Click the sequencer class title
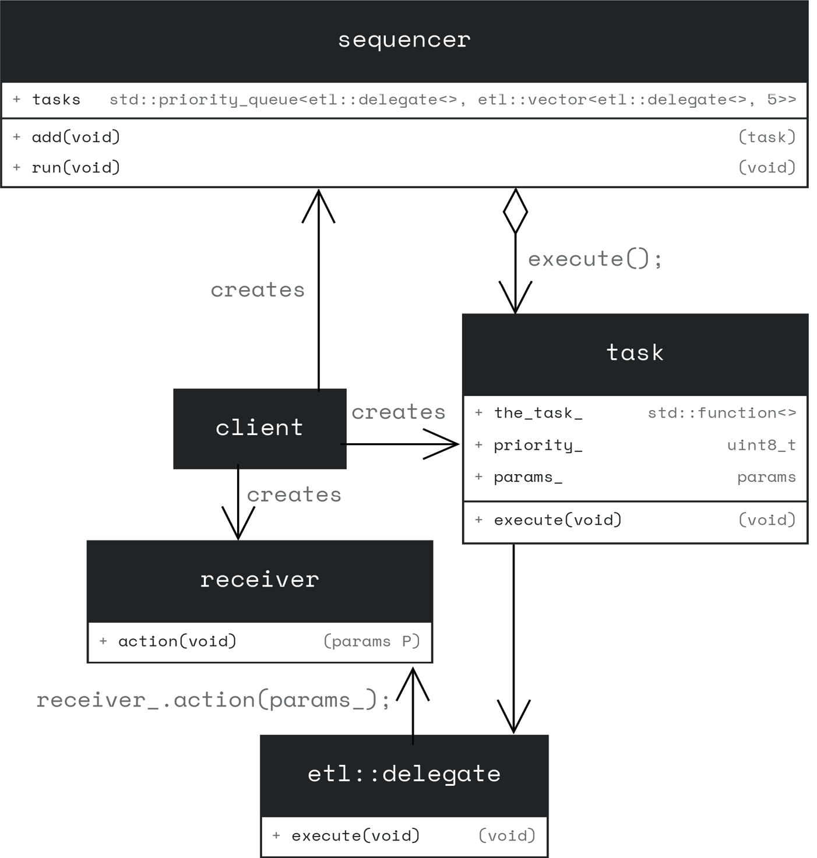coord(404,40)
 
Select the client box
coord(259,428)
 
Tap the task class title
coord(635,353)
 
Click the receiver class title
coord(259,580)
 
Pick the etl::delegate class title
coord(404,774)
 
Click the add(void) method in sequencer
coord(76,137)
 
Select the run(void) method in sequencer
coord(76,168)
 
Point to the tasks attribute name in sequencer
coord(56,100)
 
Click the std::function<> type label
coord(721,413)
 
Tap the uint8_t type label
coord(761,445)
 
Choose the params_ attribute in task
coord(528,477)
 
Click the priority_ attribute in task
coord(538,445)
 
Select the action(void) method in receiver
coord(177,641)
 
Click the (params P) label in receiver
coord(372,641)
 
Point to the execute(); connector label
coord(595,259)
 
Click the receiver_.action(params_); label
coord(213,700)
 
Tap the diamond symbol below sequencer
coord(515,211)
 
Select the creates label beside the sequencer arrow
coord(258,290)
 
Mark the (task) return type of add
coord(766,137)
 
